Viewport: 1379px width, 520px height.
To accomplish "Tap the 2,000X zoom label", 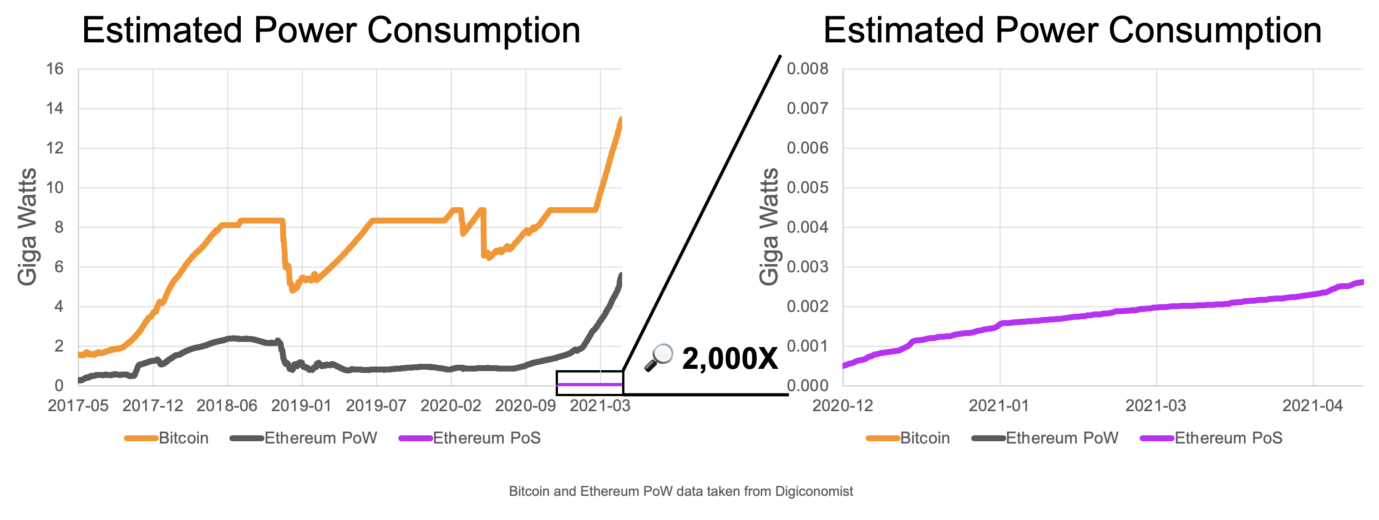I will point(730,359).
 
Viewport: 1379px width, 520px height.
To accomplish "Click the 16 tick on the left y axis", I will point(55,69).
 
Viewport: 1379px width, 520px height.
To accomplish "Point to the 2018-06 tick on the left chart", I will point(227,405).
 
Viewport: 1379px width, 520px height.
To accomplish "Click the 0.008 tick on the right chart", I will point(807,69).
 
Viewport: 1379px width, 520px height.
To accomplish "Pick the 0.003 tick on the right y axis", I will point(807,267).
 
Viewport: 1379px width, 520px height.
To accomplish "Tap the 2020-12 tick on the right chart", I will point(842,405).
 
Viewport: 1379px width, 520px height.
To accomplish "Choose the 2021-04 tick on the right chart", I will point(1313,405).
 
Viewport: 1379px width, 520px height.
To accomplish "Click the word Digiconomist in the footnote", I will point(814,491).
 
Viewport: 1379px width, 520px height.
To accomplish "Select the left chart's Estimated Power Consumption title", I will point(331,30).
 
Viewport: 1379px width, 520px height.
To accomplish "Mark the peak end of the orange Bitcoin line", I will point(621,119).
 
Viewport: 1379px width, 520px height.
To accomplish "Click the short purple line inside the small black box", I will point(589,384).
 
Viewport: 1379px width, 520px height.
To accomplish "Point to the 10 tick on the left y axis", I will point(55,188).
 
